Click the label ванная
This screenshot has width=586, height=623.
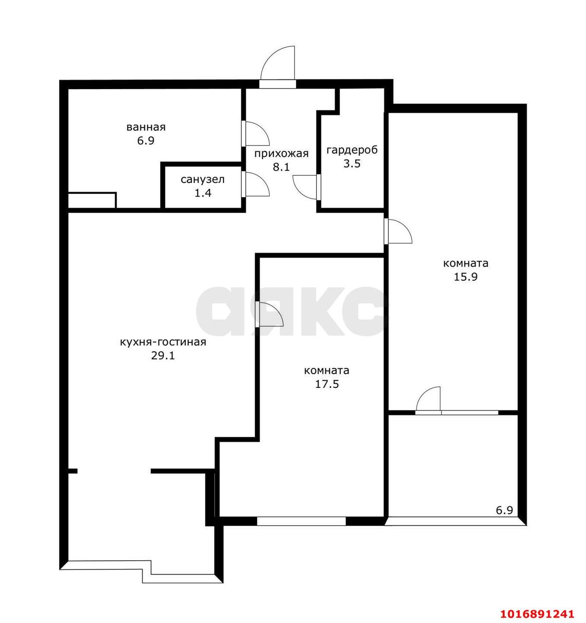pyautogui.click(x=146, y=128)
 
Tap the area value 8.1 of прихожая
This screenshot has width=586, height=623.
pyautogui.click(x=281, y=167)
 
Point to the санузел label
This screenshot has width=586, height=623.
pyautogui.click(x=202, y=180)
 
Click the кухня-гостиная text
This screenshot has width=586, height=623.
pyautogui.click(x=163, y=342)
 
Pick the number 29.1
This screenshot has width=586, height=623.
pyautogui.click(x=163, y=355)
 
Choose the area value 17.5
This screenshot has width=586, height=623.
pyautogui.click(x=327, y=384)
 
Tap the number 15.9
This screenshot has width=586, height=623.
pyautogui.click(x=466, y=276)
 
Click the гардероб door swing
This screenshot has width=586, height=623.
pyautogui.click(x=305, y=187)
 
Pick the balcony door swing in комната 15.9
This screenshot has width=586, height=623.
pyautogui.click(x=428, y=399)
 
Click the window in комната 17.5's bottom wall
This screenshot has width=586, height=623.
pyautogui.click(x=301, y=521)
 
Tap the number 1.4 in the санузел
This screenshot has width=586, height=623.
pyautogui.click(x=203, y=193)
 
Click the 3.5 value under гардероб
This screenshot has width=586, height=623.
pyautogui.click(x=352, y=164)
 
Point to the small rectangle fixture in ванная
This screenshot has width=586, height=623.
pyautogui.click(x=92, y=200)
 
